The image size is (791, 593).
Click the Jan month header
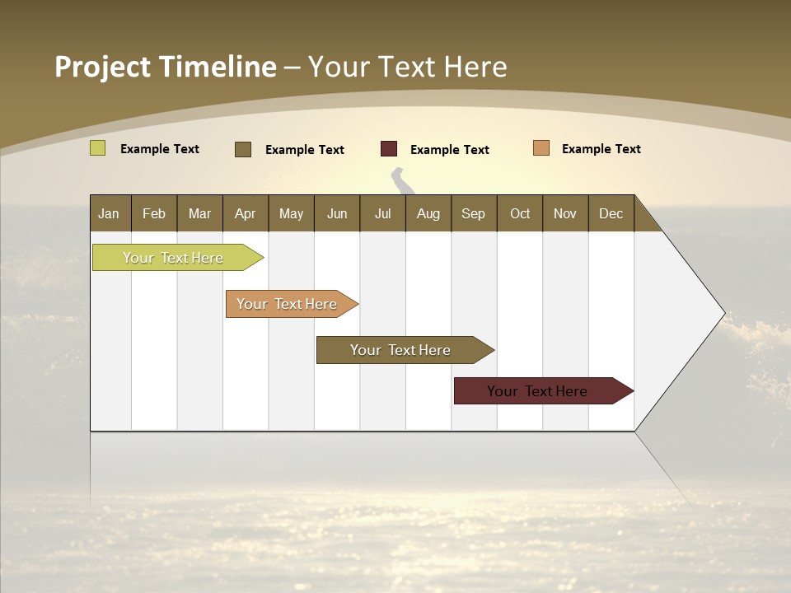(x=109, y=213)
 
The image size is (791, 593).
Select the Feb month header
(x=154, y=213)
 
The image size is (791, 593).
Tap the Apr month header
(x=245, y=213)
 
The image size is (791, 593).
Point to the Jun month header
(x=337, y=213)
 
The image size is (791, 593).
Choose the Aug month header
(x=428, y=213)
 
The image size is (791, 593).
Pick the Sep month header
(x=473, y=213)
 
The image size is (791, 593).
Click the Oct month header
(x=520, y=213)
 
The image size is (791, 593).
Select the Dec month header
(x=611, y=213)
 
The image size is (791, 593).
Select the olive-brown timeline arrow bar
(x=401, y=350)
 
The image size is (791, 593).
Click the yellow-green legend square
(x=98, y=148)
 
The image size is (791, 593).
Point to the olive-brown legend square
(x=243, y=149)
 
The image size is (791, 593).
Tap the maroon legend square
(x=389, y=149)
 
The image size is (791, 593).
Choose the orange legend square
(x=541, y=148)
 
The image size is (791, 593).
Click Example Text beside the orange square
(x=601, y=149)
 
